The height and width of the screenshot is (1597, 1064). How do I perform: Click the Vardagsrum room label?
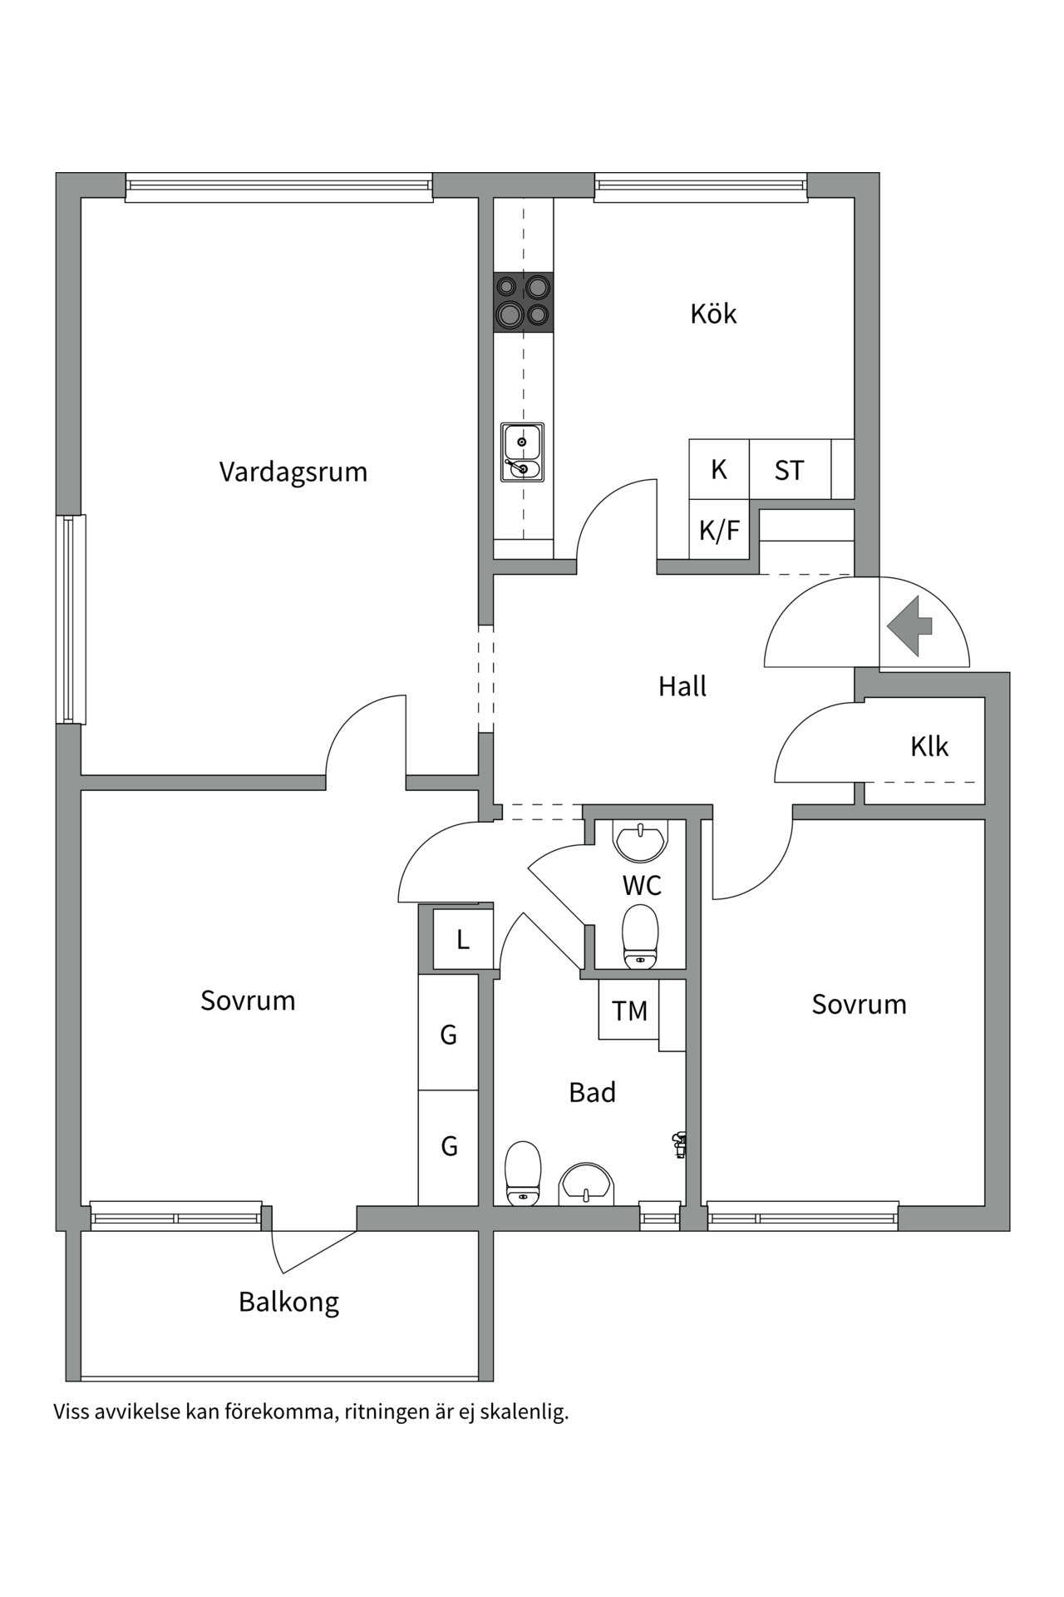293,472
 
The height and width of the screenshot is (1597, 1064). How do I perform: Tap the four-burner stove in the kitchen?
523,302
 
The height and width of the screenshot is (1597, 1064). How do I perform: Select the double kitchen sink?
522,452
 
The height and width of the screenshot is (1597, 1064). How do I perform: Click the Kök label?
713,314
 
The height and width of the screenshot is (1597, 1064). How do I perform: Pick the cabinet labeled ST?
789,470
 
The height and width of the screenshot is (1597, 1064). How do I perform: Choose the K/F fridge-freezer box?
719,530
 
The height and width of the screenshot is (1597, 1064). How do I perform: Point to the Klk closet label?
929,746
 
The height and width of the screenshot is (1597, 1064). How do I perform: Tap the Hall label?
682,686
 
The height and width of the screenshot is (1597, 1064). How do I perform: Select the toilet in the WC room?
640,937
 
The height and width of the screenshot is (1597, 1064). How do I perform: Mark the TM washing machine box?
629,1011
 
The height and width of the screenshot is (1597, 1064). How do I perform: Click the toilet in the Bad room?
523,1173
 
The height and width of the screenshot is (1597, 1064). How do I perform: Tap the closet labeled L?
463,940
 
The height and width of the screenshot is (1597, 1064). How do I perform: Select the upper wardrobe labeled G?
448,1034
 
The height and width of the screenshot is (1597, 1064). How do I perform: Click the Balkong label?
288,1301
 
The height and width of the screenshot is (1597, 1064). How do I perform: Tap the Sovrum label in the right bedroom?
859,1004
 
